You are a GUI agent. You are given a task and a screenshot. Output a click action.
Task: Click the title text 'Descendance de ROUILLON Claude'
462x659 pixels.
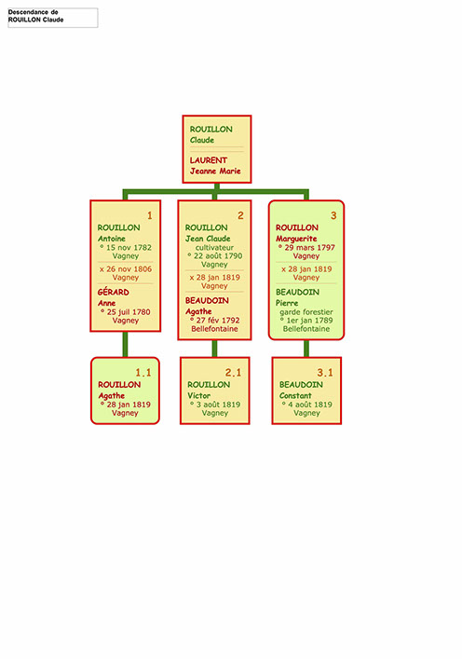click(35, 16)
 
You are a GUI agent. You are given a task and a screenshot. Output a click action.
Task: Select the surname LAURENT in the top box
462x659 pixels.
click(209, 160)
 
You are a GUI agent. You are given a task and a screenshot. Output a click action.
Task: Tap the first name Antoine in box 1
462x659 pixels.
click(112, 239)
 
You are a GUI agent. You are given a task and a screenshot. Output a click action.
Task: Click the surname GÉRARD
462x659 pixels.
click(114, 292)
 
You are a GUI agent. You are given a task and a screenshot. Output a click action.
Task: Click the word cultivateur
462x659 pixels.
click(214, 248)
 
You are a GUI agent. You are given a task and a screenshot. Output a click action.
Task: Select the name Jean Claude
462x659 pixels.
click(208, 239)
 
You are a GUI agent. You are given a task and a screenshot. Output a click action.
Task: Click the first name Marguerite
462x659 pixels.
click(296, 239)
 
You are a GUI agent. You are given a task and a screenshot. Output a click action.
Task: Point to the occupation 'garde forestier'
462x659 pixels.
click(306, 312)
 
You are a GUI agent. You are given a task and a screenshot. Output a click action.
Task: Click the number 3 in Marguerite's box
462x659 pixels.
click(333, 215)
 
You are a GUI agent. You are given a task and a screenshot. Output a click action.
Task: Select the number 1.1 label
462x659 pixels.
click(143, 372)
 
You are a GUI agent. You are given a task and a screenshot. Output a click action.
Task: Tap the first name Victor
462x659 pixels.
click(199, 395)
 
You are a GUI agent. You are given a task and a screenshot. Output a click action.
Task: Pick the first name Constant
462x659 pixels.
click(295, 395)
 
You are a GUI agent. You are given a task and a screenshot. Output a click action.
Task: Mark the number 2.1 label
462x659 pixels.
click(233, 372)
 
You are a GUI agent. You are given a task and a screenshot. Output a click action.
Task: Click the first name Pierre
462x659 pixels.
click(287, 303)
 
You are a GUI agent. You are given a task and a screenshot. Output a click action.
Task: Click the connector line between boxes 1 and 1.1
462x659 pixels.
click(125, 345)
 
